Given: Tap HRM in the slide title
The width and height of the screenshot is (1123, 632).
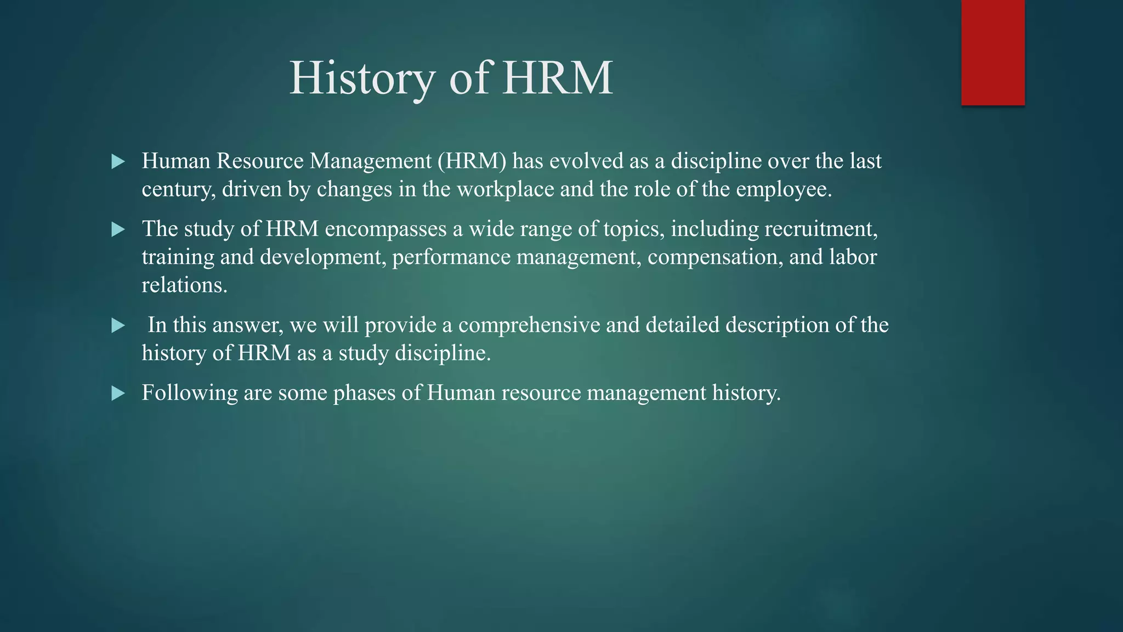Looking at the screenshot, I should (x=557, y=78).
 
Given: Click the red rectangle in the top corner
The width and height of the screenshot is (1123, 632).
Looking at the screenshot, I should (x=992, y=53).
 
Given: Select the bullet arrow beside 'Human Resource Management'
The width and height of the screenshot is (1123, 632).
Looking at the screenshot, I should (x=118, y=162).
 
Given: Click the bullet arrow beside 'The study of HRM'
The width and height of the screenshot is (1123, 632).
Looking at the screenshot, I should (x=118, y=229).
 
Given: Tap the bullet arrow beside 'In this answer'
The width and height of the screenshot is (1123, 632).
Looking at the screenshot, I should (x=118, y=326).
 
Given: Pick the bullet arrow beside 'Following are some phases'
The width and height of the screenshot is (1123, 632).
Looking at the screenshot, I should (x=118, y=393).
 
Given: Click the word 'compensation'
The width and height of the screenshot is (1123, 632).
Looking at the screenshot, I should (x=714, y=257).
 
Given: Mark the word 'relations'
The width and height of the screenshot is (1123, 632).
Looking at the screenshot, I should (x=184, y=285).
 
